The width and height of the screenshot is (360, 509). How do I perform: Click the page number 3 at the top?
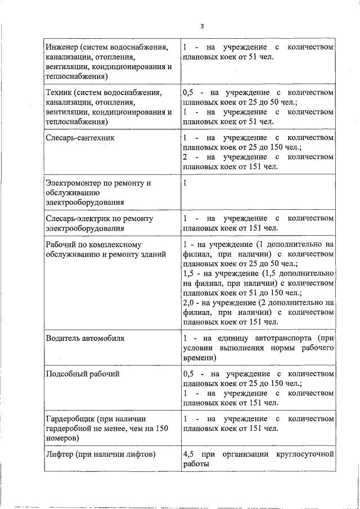201,25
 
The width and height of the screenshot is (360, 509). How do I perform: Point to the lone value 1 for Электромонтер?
185,183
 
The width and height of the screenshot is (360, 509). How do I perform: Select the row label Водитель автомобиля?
84,338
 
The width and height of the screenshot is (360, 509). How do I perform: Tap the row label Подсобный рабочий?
82,373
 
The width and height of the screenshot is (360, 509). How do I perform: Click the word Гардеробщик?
70,419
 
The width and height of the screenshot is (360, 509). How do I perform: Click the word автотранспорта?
277,338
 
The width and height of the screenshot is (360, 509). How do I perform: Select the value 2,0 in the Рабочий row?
190,303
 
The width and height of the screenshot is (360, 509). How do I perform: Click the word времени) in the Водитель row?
199,357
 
